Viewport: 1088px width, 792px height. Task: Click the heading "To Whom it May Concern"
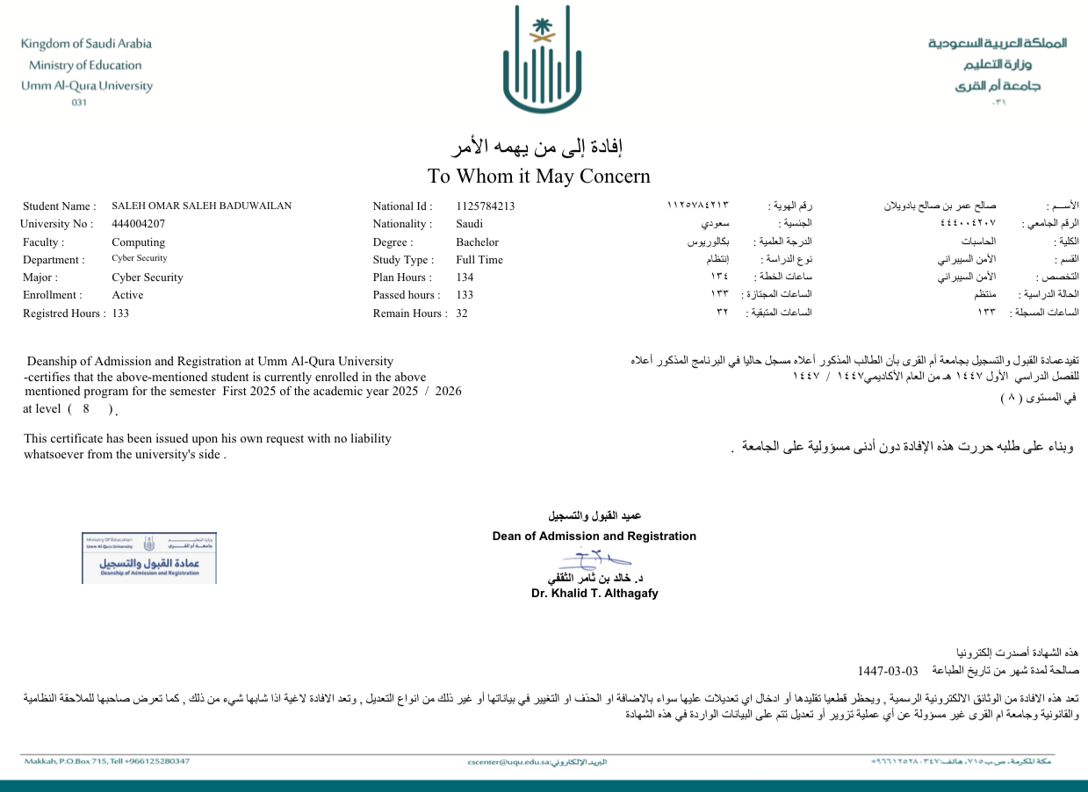[538, 176]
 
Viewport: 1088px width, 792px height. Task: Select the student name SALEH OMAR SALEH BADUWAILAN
[201, 206]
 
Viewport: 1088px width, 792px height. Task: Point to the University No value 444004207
[138, 224]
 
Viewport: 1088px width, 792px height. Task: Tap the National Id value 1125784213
[485, 206]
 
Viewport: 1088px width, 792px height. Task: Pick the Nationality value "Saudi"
[469, 224]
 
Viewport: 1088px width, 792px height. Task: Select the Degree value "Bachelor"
[477, 242]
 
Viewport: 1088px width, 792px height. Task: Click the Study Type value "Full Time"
[479, 260]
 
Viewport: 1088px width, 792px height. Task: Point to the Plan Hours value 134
[465, 277]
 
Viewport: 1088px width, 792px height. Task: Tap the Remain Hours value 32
[462, 313]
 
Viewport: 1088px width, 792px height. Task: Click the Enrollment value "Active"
[127, 295]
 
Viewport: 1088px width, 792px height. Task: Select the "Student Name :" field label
[59, 206]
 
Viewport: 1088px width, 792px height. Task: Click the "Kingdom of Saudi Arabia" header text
[86, 44]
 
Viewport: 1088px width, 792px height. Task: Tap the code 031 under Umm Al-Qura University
[79, 103]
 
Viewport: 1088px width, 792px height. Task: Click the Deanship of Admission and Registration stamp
[149, 558]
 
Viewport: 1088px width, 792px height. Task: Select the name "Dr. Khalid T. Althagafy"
[594, 594]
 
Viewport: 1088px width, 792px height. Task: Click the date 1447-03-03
[887, 671]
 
